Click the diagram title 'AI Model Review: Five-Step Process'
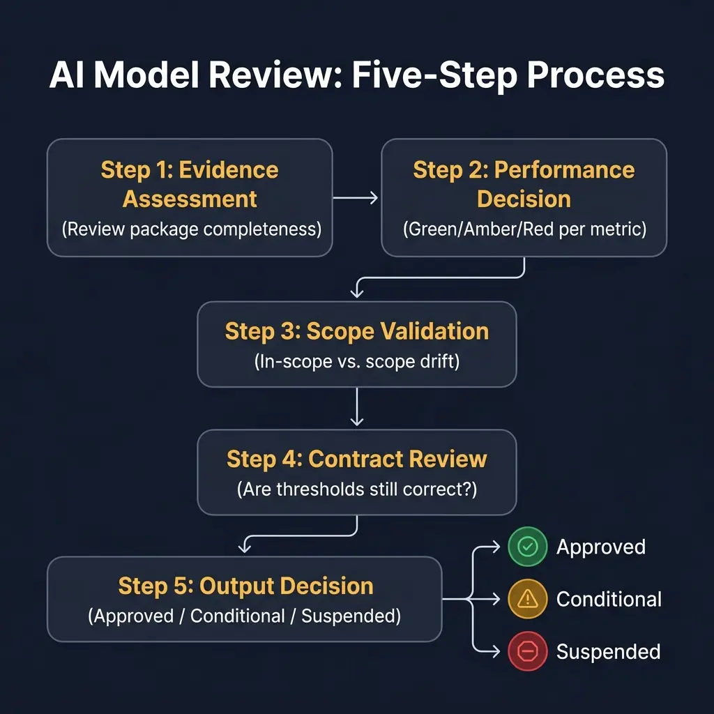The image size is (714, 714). click(x=356, y=75)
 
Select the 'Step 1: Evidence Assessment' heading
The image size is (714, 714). click(x=190, y=184)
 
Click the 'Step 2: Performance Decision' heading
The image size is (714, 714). click(x=524, y=184)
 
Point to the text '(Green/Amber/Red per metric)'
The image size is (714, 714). click(x=524, y=229)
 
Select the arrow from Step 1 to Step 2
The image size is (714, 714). click(x=356, y=198)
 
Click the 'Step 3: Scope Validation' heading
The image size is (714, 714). click(x=356, y=331)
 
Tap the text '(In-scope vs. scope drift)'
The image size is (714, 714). click(x=356, y=361)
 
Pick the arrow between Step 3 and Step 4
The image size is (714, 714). click(x=357, y=407)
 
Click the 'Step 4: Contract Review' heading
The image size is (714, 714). click(x=356, y=459)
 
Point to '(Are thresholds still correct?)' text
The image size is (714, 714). click(x=356, y=489)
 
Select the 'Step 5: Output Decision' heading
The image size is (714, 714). click(x=245, y=586)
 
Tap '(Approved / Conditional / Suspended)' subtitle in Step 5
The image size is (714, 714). click(x=244, y=616)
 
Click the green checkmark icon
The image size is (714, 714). click(x=528, y=547)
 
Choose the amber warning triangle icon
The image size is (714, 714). click(x=528, y=598)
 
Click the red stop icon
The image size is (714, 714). click(x=528, y=651)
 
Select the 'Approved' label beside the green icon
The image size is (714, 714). click(x=600, y=547)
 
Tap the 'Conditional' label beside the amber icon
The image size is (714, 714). click(x=609, y=599)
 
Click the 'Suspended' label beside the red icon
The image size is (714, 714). click(x=608, y=652)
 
